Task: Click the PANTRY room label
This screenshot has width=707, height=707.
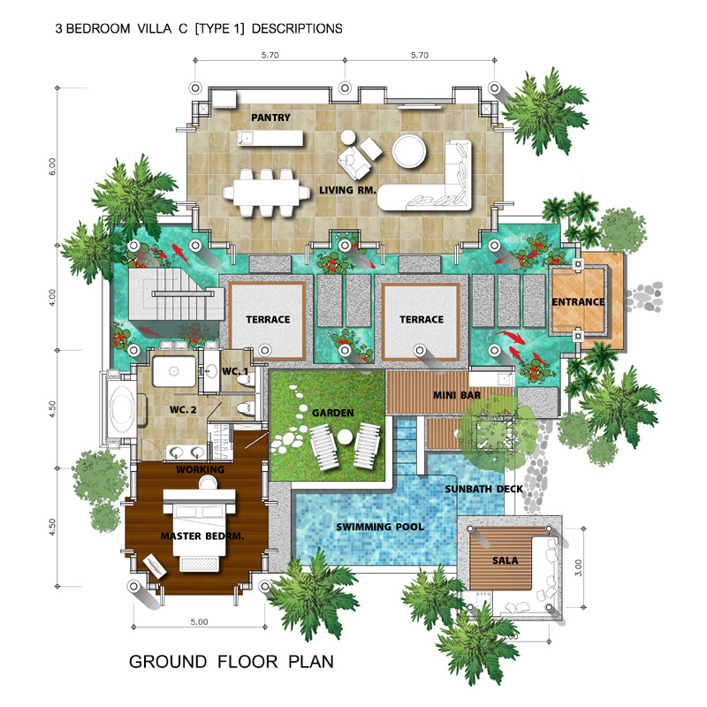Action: click(x=270, y=118)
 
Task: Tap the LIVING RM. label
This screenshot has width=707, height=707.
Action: click(x=347, y=190)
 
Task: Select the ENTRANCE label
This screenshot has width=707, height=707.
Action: click(x=578, y=301)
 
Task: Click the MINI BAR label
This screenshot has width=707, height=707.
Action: click(x=457, y=395)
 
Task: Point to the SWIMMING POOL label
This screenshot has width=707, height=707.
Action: click(x=380, y=527)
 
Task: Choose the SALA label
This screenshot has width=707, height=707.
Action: click(x=505, y=560)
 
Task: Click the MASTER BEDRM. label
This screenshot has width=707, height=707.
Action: click(x=202, y=536)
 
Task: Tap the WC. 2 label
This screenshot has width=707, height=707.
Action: click(x=183, y=409)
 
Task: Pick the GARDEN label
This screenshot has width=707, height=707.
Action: click(x=333, y=413)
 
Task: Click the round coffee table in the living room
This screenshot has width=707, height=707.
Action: click(x=409, y=151)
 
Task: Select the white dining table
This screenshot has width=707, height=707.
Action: click(x=267, y=193)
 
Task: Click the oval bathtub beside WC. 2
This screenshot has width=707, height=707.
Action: click(x=122, y=409)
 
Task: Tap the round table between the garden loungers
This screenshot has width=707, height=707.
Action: click(x=345, y=437)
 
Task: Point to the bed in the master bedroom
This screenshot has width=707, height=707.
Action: click(x=200, y=529)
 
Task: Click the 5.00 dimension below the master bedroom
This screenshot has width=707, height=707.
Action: click(x=199, y=622)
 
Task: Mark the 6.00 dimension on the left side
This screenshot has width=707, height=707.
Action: click(x=53, y=166)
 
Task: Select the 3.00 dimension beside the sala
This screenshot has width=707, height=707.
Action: click(x=579, y=567)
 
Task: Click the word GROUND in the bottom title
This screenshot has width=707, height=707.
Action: click(x=168, y=661)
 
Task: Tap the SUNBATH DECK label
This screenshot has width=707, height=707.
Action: click(x=483, y=489)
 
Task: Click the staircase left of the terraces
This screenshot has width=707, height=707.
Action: click(x=176, y=294)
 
